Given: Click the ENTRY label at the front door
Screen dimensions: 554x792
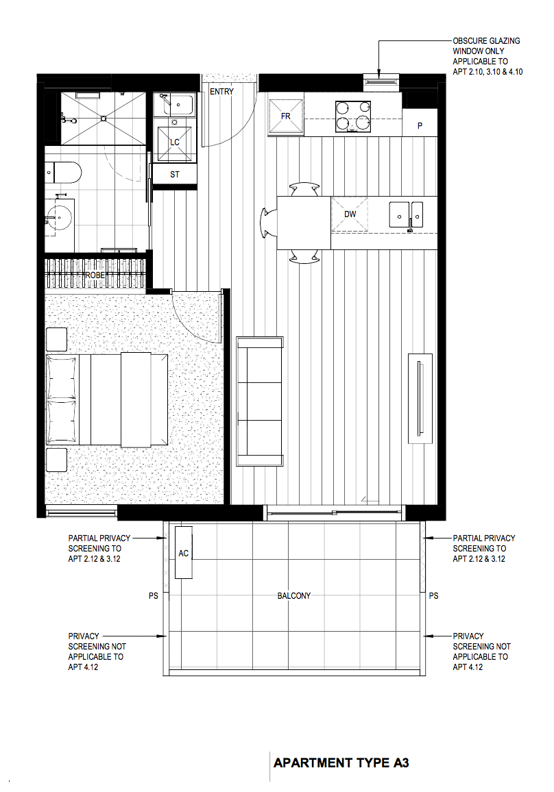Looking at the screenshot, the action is click(222, 91).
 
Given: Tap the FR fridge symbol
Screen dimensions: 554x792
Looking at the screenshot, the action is click(286, 116).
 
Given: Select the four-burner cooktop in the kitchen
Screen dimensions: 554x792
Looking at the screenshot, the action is click(353, 116).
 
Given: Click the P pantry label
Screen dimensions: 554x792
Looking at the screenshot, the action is click(420, 125).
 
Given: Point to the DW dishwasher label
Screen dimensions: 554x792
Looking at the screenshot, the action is click(350, 214).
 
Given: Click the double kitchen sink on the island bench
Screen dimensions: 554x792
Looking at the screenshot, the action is click(406, 215).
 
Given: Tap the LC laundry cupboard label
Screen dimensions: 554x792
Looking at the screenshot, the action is click(174, 143).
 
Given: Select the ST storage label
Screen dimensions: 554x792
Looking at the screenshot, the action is click(174, 175).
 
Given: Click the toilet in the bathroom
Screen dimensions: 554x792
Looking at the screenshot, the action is click(62, 172).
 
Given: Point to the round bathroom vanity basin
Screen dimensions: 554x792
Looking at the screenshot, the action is click(59, 218).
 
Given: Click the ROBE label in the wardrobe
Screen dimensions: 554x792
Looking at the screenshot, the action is click(95, 275).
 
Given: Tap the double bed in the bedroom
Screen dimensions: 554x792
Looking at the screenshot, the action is click(107, 399).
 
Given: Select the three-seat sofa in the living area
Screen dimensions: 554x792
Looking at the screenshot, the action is click(260, 401).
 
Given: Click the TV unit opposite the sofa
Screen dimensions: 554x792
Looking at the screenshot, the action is click(420, 399).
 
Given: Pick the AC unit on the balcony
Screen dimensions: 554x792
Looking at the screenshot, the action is click(184, 553).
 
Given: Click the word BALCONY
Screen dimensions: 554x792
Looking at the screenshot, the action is click(293, 596).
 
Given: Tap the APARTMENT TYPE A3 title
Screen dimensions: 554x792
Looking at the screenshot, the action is click(341, 763).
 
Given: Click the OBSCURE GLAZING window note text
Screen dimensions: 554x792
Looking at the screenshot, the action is click(487, 56).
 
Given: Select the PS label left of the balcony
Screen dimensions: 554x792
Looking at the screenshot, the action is click(153, 596).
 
